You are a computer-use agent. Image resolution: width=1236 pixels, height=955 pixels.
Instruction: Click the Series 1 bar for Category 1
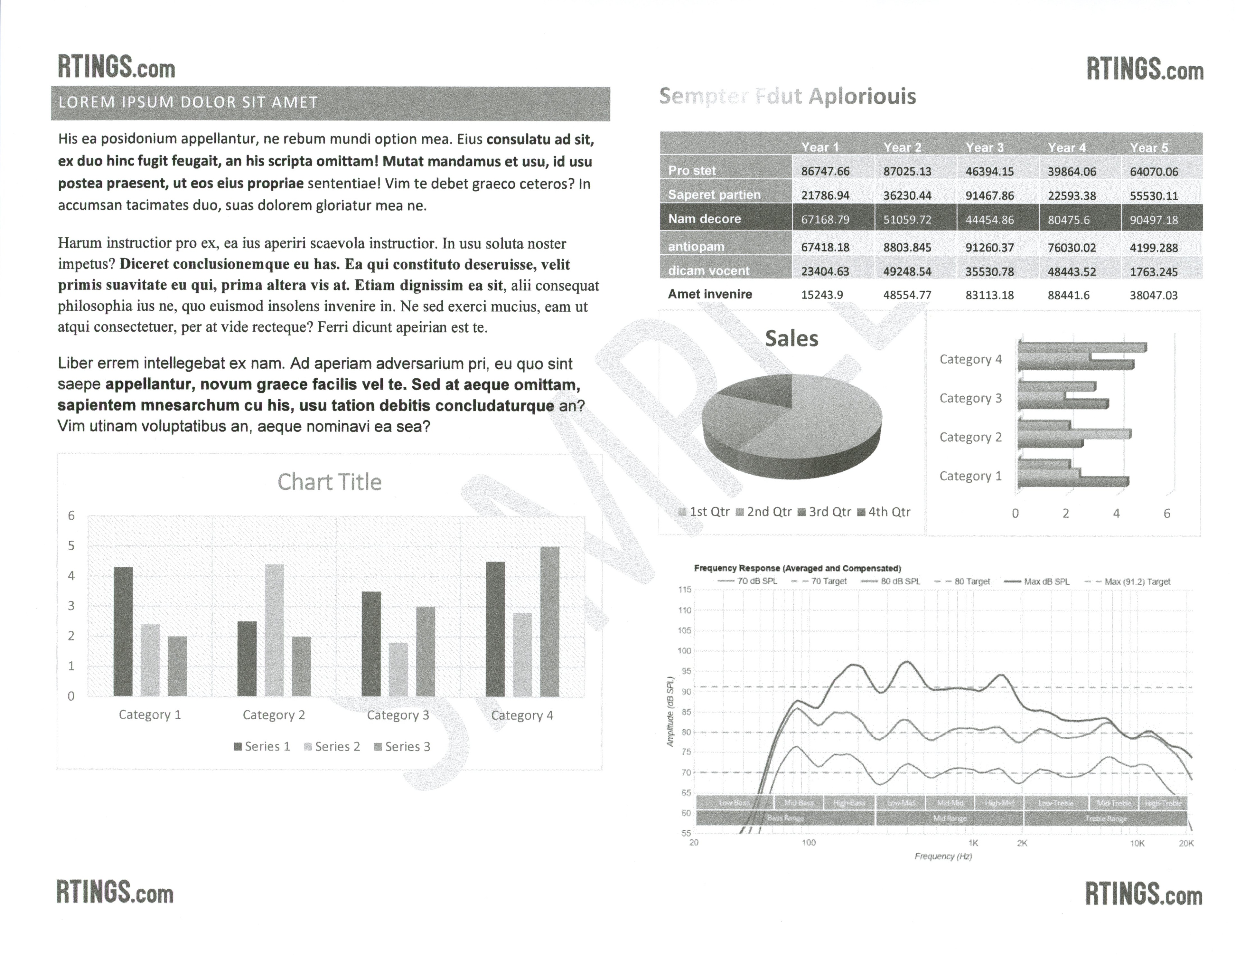123,631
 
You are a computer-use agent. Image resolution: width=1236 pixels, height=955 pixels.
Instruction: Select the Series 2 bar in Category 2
274,629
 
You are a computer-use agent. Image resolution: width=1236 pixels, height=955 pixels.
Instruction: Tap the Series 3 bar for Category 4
549,621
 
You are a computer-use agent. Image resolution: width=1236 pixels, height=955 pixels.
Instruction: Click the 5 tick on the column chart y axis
71,546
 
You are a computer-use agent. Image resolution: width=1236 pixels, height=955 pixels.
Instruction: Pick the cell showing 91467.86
989,196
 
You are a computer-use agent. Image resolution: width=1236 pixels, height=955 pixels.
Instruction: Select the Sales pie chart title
791,338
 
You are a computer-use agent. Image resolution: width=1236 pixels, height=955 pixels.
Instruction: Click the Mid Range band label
949,818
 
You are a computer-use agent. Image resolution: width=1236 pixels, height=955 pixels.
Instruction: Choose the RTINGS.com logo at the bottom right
1143,894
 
